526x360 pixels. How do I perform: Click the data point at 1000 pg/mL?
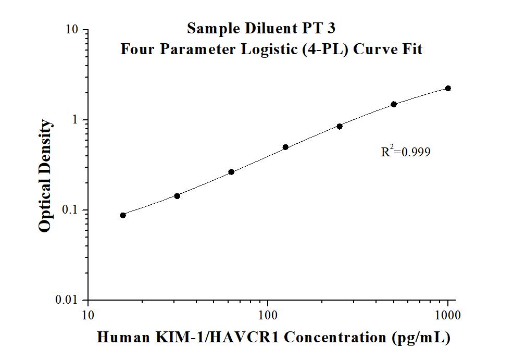[x=448, y=89]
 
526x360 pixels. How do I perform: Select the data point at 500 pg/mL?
[x=394, y=104]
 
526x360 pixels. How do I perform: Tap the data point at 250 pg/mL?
[x=340, y=126]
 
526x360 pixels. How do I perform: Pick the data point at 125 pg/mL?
[x=285, y=147]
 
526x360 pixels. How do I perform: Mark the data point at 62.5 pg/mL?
[x=231, y=172]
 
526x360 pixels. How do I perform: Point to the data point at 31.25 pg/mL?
[x=177, y=196]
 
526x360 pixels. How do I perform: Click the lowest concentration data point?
[x=123, y=215]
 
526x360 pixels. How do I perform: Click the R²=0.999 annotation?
[x=406, y=152]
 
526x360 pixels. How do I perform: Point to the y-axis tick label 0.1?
[x=71, y=210]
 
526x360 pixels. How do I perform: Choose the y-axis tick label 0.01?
[x=68, y=300]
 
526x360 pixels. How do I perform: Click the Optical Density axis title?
[x=46, y=176]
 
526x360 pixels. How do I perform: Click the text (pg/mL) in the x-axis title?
[x=421, y=338]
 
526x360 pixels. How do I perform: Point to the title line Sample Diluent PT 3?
[x=265, y=28]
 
